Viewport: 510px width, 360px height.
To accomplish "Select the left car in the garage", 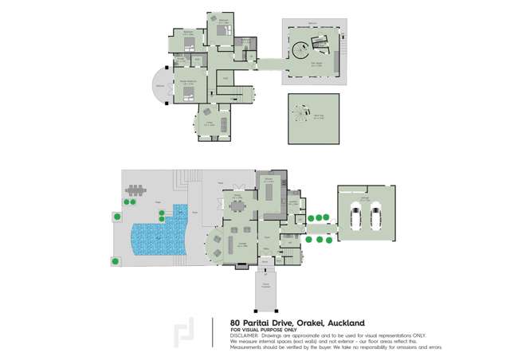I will click(356, 216).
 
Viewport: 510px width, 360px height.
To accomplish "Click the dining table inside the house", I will click(239, 205).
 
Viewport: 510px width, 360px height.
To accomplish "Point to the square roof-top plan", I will click(310, 116).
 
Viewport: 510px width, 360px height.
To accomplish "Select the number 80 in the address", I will click(237, 323).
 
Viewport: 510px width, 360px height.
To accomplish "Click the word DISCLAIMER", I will click(245, 335).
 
